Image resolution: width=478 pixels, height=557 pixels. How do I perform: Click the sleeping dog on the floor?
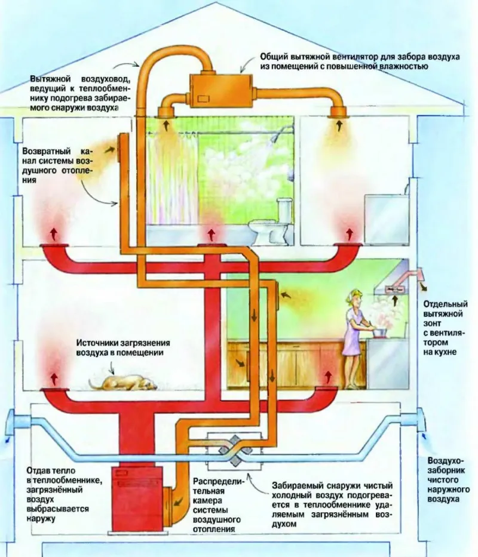point(122,382)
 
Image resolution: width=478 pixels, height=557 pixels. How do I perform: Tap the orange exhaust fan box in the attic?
point(221,89)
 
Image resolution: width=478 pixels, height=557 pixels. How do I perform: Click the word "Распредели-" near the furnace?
point(217,482)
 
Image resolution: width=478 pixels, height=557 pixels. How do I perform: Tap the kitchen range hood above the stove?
point(391,281)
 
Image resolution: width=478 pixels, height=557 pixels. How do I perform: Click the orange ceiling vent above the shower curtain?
point(166,112)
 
